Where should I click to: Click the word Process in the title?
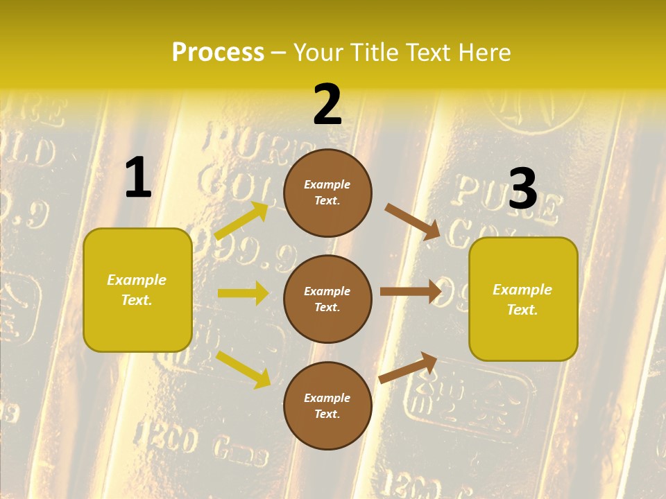point(218,53)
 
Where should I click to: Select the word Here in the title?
point(484,53)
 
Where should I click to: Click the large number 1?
point(138,178)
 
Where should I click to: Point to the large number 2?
point(327,105)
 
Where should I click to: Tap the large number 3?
point(523,189)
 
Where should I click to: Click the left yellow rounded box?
point(137,290)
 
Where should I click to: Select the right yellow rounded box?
point(523,299)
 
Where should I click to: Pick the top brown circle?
point(327,193)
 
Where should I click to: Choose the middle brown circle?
point(327,299)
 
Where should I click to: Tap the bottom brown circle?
point(327,406)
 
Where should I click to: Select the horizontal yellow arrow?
point(243,293)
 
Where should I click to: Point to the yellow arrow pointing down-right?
point(243,369)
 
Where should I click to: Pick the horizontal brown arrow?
point(411,291)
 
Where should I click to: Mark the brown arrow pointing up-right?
point(408,368)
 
